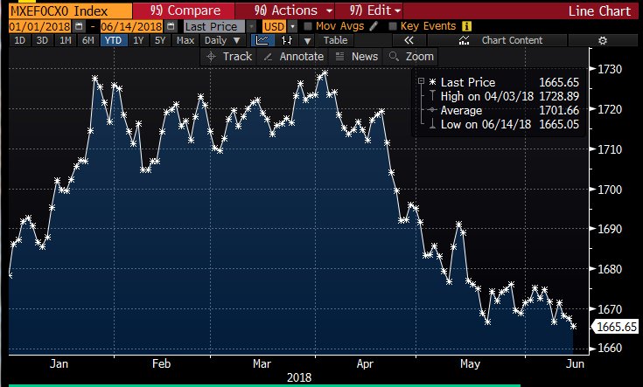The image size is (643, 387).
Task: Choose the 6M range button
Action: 87,40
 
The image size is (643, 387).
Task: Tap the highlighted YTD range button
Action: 112,40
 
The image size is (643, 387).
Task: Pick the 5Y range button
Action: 159,40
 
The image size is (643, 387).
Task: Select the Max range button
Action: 185,40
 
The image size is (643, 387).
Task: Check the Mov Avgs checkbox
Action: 309,26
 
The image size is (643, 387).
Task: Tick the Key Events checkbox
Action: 392,26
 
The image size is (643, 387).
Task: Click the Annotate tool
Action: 295,57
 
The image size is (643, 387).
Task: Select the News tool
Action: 358,57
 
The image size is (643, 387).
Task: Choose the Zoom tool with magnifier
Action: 412,57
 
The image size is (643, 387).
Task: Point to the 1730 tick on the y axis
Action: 610,69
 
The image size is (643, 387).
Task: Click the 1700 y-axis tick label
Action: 610,190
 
